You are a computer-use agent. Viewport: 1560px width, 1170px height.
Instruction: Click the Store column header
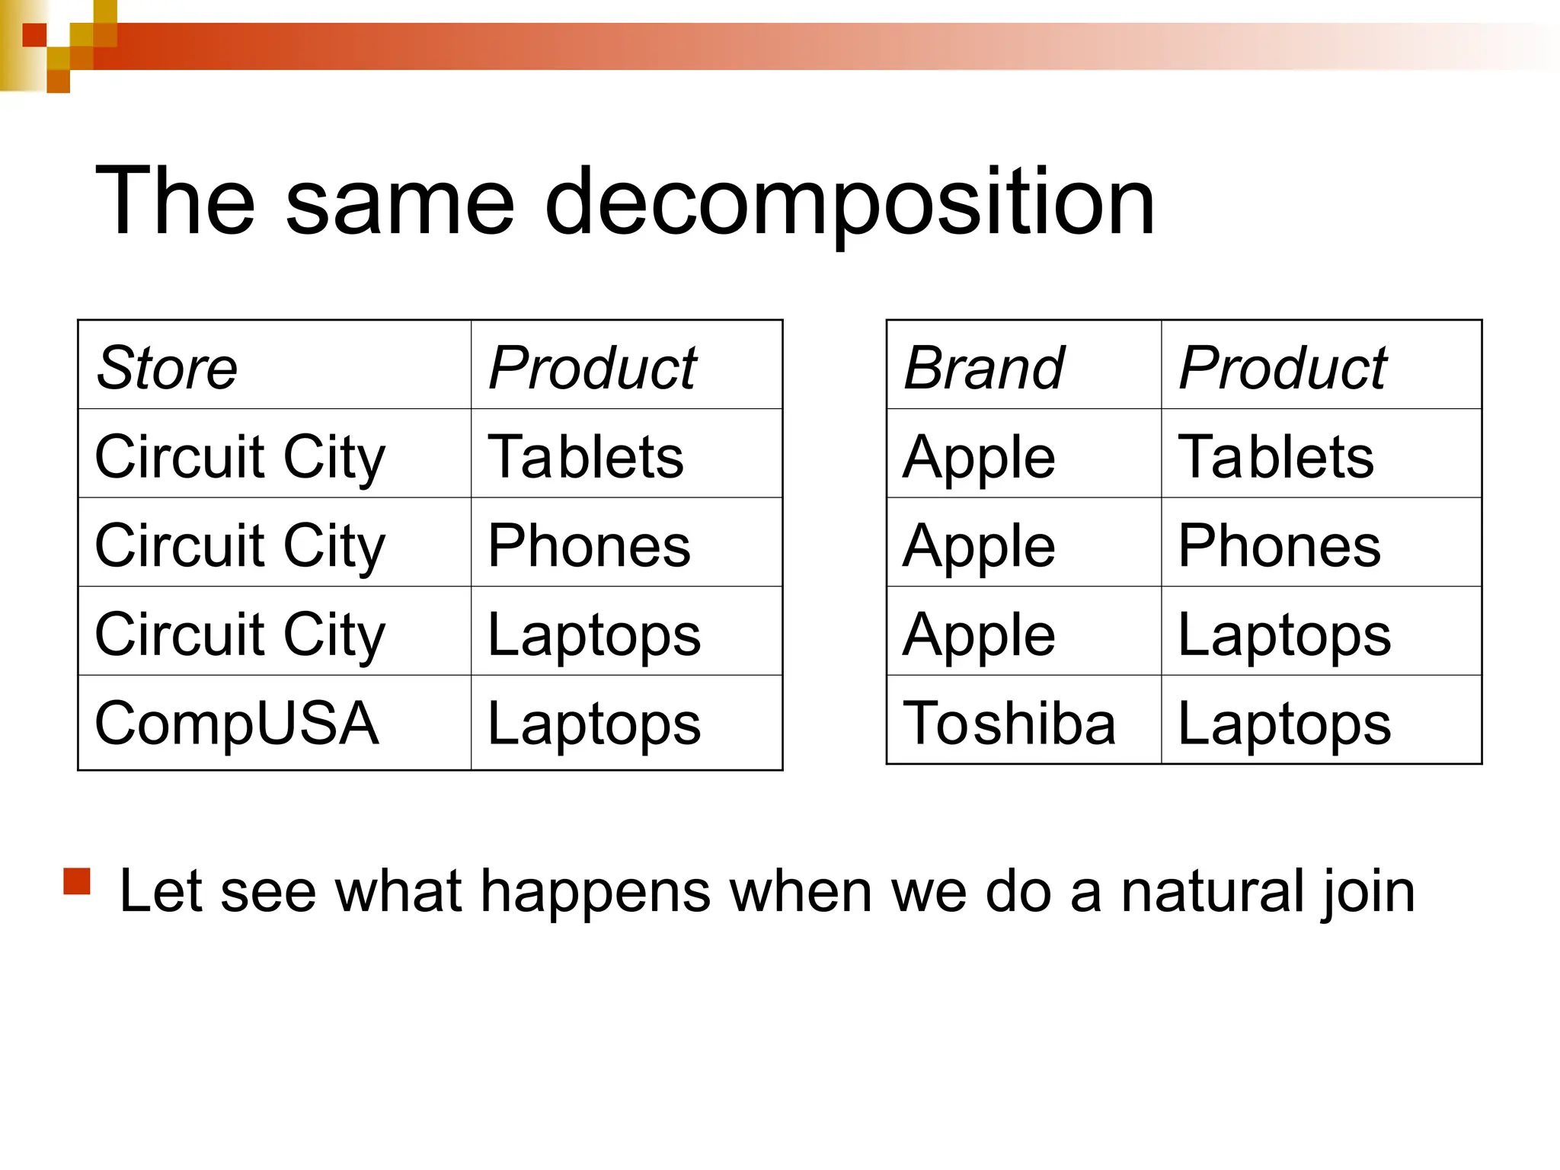point(167,368)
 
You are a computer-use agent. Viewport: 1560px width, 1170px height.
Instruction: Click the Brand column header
point(983,368)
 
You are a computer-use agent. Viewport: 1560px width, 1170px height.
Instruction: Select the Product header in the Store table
point(592,368)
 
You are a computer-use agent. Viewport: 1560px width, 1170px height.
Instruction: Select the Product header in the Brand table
point(1282,368)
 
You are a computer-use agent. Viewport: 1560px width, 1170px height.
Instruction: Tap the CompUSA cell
point(236,723)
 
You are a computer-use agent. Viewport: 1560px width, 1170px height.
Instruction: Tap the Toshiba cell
point(1009,723)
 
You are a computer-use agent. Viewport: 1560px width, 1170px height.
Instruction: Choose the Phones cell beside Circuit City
point(589,545)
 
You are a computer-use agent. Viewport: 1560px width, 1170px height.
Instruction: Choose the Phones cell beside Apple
point(1279,545)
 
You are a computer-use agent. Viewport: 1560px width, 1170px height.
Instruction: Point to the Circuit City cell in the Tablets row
point(240,457)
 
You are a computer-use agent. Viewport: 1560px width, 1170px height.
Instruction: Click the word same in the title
point(400,203)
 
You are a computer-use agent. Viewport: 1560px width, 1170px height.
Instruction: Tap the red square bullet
point(77,881)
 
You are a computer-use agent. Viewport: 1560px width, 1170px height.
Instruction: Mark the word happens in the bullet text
point(593,890)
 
